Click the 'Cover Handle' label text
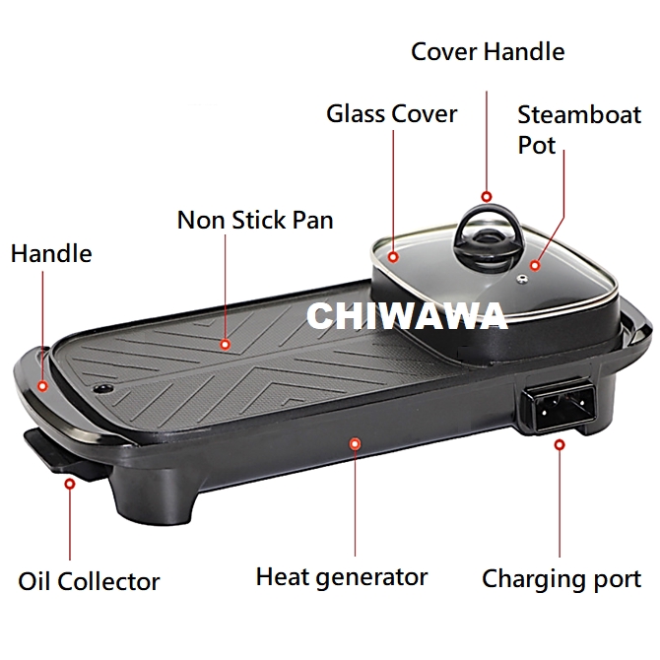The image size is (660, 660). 488,50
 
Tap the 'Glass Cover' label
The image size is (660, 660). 391,113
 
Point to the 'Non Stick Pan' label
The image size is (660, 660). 255,219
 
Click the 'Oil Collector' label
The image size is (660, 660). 89,581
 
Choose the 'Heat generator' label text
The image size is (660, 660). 342,576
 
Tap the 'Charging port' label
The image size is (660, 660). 561,579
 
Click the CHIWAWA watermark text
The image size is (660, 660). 407,316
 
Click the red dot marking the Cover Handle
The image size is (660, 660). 486,196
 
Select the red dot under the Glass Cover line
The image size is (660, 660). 392,258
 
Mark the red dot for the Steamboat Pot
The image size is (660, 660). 535,265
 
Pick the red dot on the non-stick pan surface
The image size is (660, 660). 226,345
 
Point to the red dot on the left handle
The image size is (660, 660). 42,387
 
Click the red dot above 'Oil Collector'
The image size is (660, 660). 69,484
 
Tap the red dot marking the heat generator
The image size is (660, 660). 355,443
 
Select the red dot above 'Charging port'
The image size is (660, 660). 560,444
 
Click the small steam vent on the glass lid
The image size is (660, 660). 523,280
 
